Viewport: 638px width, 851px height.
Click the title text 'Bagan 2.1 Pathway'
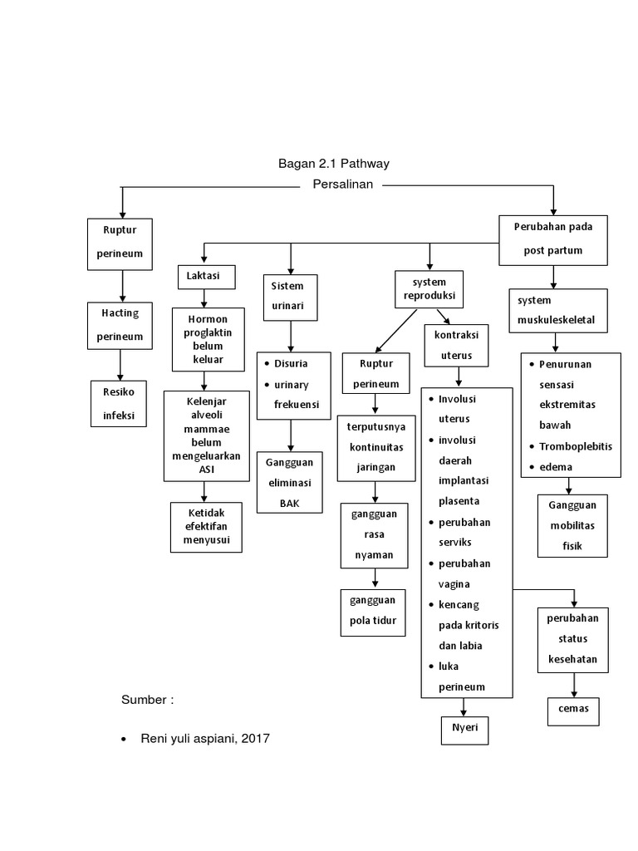point(333,164)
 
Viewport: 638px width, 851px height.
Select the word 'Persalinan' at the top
point(341,184)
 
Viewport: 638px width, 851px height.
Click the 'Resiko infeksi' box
point(118,403)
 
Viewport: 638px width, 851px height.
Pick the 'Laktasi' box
point(205,276)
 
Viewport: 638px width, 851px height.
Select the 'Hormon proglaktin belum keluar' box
point(209,339)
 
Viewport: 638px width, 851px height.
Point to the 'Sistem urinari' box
point(289,296)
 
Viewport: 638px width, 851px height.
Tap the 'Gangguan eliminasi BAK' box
point(289,482)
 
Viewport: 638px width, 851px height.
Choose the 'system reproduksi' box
point(429,289)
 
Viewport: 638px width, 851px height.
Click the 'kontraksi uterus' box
point(456,344)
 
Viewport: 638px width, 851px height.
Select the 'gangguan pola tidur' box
point(373,612)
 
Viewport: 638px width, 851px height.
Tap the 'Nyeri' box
point(464,729)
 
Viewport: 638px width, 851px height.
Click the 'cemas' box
point(572,711)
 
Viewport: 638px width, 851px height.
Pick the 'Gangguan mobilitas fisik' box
point(572,525)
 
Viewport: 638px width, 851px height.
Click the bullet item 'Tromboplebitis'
point(575,446)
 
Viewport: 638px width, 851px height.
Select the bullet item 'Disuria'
point(285,363)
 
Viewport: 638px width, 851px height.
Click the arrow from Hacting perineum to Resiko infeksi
point(120,364)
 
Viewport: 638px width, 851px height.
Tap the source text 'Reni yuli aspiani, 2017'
point(206,738)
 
